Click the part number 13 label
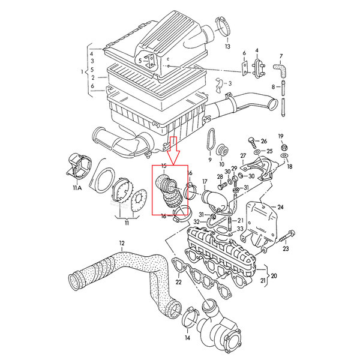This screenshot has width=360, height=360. pos(227,46)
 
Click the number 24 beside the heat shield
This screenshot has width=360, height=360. pos(280,208)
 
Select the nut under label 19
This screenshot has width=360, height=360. pos(285,146)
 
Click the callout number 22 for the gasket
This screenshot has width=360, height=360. pos(178,281)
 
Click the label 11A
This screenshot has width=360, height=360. pos(77,188)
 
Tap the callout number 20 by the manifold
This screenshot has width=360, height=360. pos(274,277)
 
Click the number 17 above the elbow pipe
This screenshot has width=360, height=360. pos(205,182)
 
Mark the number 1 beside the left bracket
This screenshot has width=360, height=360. pos(83,72)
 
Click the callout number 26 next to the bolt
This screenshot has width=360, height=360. pos(264,141)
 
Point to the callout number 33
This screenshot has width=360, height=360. pos(239,229)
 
